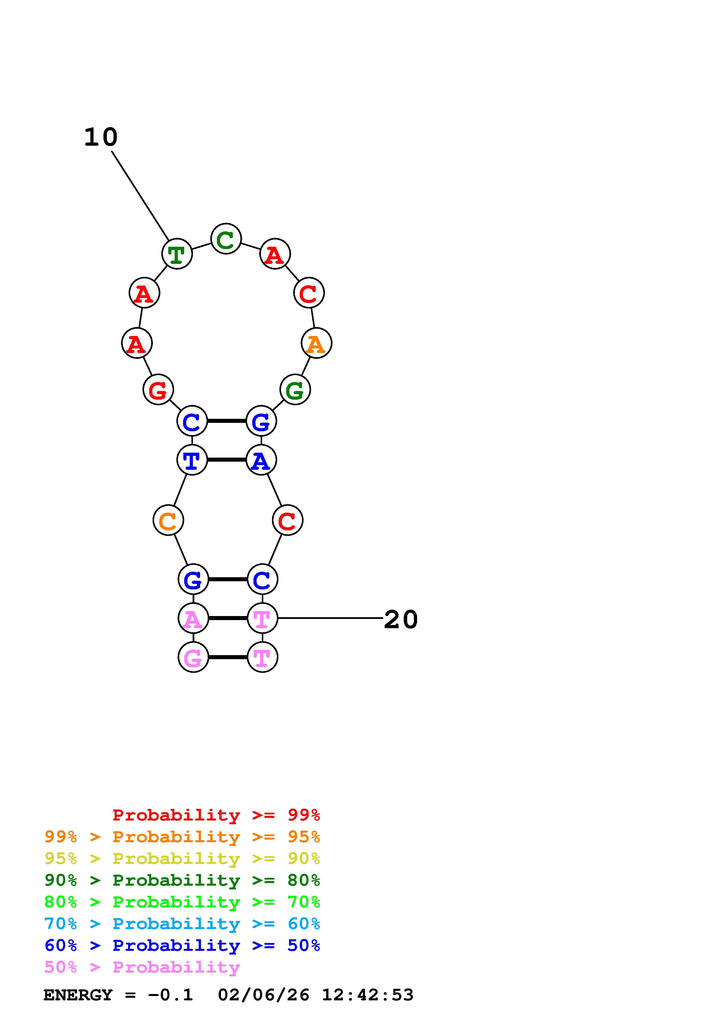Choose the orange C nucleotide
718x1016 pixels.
[x=168, y=520]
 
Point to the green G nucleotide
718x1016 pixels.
[x=295, y=390]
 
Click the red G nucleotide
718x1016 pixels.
[x=158, y=390]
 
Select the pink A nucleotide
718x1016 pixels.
[x=193, y=618]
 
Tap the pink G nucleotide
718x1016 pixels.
[x=193, y=657]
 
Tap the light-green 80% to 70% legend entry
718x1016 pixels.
[x=182, y=902]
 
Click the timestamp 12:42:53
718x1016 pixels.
[x=367, y=995]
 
